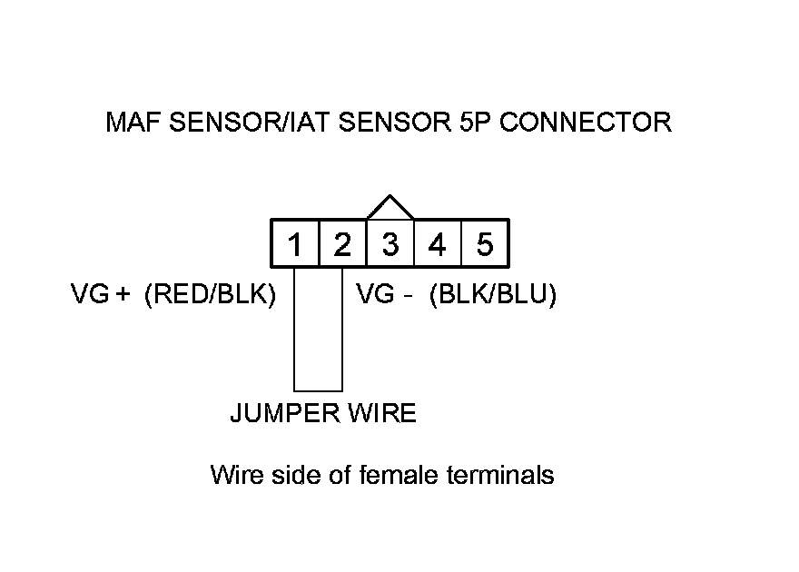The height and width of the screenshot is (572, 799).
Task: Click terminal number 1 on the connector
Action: point(295,243)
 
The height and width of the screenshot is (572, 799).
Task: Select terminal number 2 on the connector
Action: point(342,243)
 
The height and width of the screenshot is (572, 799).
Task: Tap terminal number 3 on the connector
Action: point(390,243)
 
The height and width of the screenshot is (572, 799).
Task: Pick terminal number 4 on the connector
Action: point(438,243)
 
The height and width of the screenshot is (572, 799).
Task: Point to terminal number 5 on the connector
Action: point(485,243)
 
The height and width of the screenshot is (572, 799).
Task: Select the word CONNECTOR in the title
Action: point(586,123)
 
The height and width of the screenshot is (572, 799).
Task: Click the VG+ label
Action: point(101,293)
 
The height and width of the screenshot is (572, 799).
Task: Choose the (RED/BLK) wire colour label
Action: point(211,294)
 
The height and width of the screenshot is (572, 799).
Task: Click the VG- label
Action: point(384,293)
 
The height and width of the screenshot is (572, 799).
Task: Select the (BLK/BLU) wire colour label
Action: point(493,294)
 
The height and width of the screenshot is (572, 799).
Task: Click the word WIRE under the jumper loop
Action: point(382,412)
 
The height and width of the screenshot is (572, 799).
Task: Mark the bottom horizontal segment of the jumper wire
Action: point(318,390)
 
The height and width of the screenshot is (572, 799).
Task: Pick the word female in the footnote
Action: point(399,475)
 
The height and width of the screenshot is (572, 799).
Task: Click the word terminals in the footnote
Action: point(500,475)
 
